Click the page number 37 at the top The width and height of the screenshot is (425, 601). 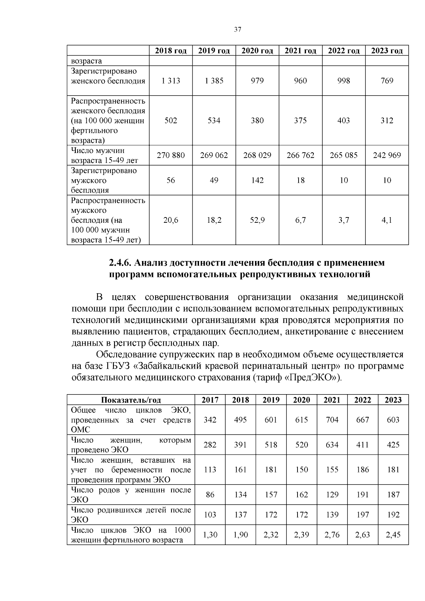point(238,30)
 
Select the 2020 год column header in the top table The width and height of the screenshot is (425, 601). point(257,51)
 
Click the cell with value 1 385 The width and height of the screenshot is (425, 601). point(214,81)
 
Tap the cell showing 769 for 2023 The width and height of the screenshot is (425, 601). point(387,81)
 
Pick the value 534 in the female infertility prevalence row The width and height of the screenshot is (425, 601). point(214,121)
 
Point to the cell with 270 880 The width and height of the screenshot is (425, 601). point(171,155)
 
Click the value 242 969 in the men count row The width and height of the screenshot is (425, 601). point(387,155)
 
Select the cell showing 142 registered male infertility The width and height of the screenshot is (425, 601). point(257,181)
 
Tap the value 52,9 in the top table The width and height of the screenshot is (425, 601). point(257,220)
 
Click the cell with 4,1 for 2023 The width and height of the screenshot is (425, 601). point(387,220)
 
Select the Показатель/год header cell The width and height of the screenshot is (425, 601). point(131,400)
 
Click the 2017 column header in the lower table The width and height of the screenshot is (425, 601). point(210,400)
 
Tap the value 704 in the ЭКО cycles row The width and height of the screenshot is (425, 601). point(332,420)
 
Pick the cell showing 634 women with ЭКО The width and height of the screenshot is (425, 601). point(332,445)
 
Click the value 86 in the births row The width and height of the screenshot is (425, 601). point(210,495)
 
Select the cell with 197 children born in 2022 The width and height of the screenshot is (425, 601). point(363,515)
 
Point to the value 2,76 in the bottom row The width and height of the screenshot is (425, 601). point(332,535)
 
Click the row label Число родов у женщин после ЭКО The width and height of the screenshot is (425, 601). point(131,495)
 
